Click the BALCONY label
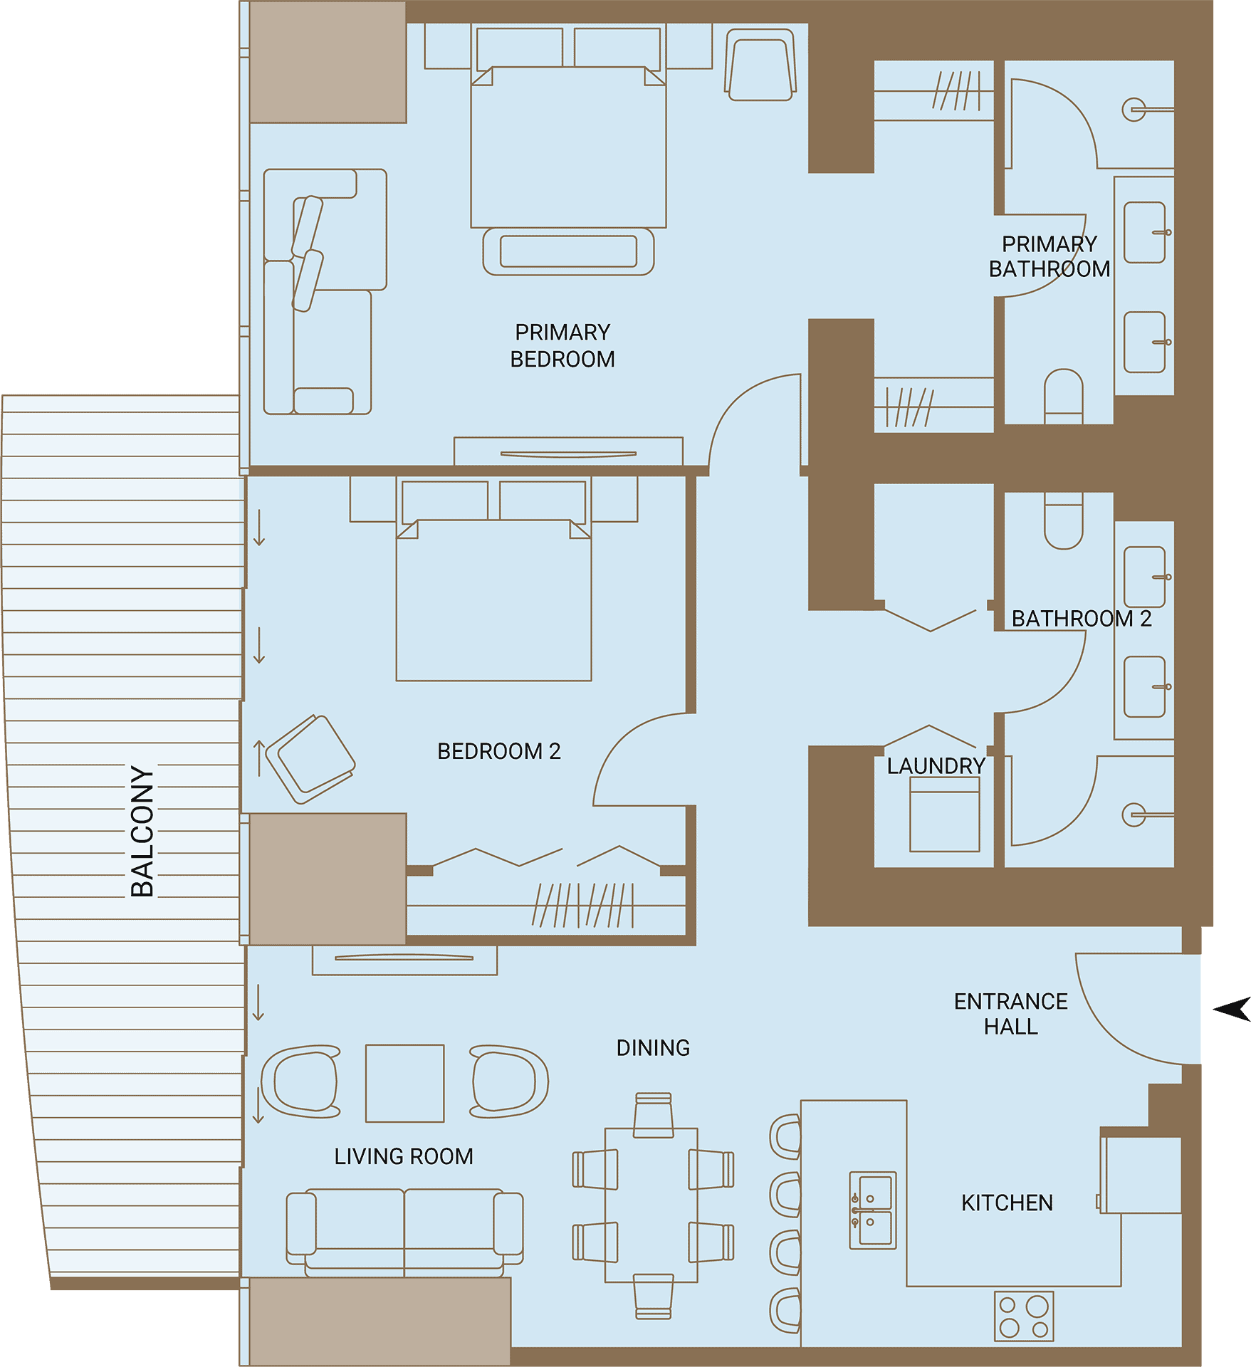tap(142, 831)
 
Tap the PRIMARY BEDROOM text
tap(562, 345)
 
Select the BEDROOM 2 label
tap(499, 751)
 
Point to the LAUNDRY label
tap(936, 766)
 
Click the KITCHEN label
tap(1007, 1203)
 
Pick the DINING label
tap(653, 1048)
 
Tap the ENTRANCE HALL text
tap(1011, 1014)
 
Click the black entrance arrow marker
tap(1233, 1009)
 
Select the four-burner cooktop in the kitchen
tap(1024, 1316)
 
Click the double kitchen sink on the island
tap(873, 1210)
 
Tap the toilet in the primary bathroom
tap(1064, 396)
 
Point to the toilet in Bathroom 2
tap(1064, 521)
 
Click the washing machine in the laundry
tap(945, 814)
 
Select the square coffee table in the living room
tap(405, 1084)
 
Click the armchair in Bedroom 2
tap(310, 760)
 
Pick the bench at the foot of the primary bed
tap(568, 251)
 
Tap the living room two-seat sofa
tap(404, 1232)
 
